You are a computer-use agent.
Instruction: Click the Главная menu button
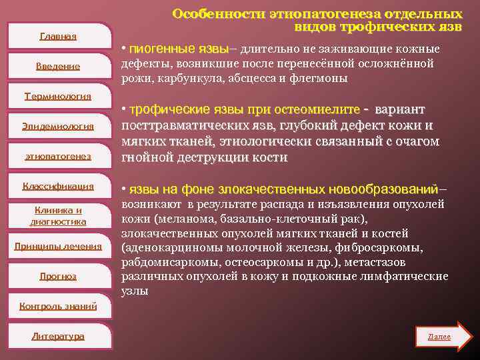58,36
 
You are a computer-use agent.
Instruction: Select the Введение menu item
58,66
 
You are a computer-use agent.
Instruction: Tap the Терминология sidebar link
58,96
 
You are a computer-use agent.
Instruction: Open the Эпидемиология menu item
58,126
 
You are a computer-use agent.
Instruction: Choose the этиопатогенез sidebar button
58,156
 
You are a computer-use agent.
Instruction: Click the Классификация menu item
58,186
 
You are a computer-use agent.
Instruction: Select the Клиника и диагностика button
58,216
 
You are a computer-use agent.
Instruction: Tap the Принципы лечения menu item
58,246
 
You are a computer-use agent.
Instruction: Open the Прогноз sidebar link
58,276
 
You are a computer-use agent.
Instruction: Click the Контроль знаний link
58,306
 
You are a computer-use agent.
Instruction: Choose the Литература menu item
58,336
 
